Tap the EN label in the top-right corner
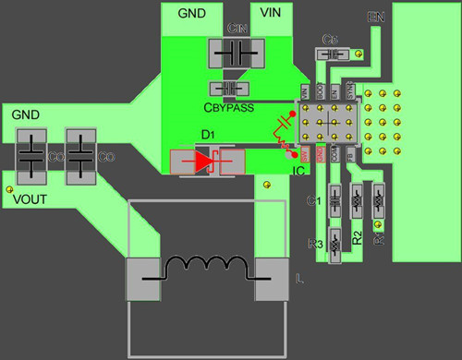[375, 18]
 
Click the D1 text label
[208, 135]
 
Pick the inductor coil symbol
[208, 270]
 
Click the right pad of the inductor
[273, 280]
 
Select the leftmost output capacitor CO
[32, 156]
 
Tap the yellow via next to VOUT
[9, 188]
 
